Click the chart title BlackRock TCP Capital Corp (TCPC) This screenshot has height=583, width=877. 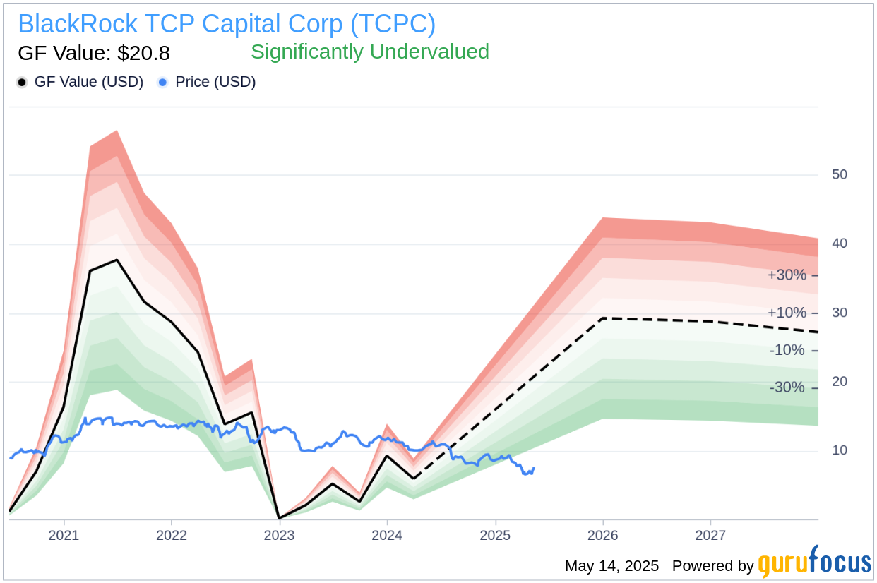[x=227, y=23]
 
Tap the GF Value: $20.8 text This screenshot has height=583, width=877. [x=94, y=54]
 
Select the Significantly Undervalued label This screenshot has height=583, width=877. [x=369, y=52]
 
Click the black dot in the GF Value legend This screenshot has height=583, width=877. [x=22, y=83]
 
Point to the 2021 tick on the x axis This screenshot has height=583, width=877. [x=64, y=535]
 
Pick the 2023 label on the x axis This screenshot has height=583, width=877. [x=279, y=535]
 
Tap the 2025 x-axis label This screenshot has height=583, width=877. [x=495, y=535]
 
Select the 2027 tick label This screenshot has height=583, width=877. [x=710, y=535]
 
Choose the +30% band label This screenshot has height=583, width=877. [x=787, y=275]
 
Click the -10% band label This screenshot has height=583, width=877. [x=787, y=351]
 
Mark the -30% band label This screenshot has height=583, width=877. [x=787, y=387]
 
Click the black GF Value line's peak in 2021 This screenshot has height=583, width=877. [x=117, y=260]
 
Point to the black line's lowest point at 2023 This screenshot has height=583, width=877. [x=280, y=518]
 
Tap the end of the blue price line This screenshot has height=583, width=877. [x=534, y=468]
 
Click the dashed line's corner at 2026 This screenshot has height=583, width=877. [x=603, y=318]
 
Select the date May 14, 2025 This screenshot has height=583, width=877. [x=611, y=565]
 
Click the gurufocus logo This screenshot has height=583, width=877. [x=814, y=563]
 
